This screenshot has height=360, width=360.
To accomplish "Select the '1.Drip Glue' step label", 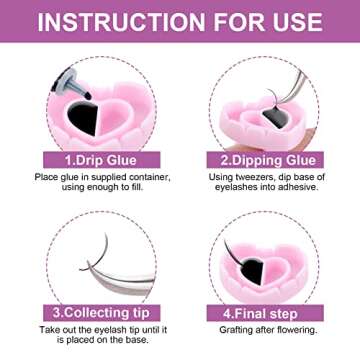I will pos(91,158).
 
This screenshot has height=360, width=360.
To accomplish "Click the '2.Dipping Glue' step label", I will pos(270,158).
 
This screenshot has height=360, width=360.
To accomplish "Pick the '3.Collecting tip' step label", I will pos(91,311).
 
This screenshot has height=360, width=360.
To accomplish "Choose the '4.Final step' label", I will pos(270,311).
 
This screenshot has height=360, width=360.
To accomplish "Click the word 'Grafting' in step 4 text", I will pos(232,330).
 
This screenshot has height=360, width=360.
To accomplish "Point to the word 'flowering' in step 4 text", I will pos(297,330).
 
